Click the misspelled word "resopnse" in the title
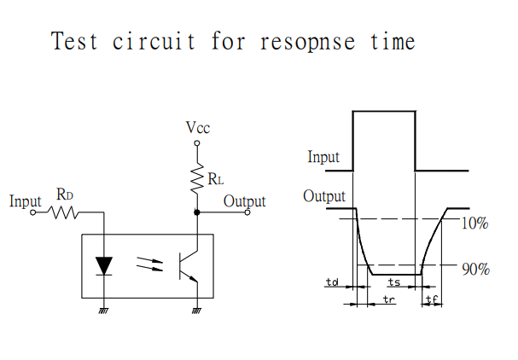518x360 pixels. pyautogui.click(x=307, y=43)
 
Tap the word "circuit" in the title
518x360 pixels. pyautogui.click(x=154, y=41)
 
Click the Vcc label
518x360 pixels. pyautogui.click(x=197, y=127)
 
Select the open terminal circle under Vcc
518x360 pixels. pyautogui.click(x=197, y=143)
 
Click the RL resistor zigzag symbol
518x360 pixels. pyautogui.click(x=197, y=178)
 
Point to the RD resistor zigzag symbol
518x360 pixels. pyautogui.click(x=63, y=212)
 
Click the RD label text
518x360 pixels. pyautogui.click(x=64, y=195)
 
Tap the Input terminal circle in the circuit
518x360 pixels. pyautogui.click(x=32, y=212)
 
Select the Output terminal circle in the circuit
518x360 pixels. pyautogui.click(x=247, y=212)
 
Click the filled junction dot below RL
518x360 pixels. pyautogui.click(x=197, y=212)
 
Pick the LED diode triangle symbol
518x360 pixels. pyautogui.click(x=104, y=266)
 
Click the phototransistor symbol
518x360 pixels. pyautogui.click(x=188, y=266)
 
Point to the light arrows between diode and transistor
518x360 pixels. pyautogui.click(x=150, y=264)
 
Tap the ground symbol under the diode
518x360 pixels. pyautogui.click(x=104, y=311)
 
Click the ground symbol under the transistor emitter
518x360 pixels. pyautogui.click(x=197, y=311)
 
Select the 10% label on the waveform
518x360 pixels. pyautogui.click(x=474, y=224)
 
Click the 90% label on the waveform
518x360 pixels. pyautogui.click(x=475, y=270)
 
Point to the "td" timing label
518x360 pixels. pyautogui.click(x=332, y=282)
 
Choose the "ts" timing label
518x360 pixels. pyautogui.click(x=394, y=282)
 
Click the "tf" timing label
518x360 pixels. pyautogui.click(x=432, y=299)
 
